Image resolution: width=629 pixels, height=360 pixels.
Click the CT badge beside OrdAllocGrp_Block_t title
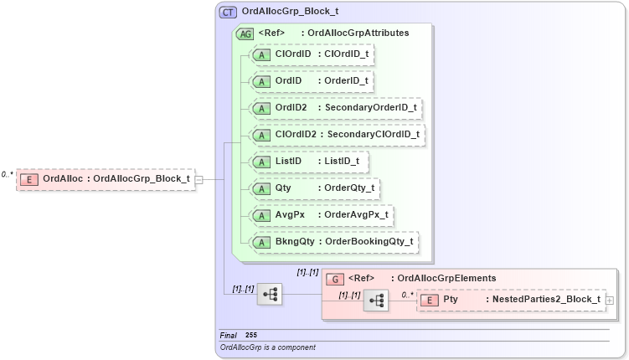point(228,13)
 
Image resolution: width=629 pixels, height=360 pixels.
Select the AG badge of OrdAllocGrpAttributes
point(245,33)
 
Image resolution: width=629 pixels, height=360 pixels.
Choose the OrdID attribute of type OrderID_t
point(311,81)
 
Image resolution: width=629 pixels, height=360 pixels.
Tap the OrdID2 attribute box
point(336,108)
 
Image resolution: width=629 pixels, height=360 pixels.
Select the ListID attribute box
point(309,161)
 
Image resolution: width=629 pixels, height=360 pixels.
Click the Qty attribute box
point(315,188)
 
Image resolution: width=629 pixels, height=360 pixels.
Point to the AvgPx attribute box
point(322,214)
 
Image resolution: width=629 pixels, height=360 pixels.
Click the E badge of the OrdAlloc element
point(29,178)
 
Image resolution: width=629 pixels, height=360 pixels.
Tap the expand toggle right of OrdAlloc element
point(199,178)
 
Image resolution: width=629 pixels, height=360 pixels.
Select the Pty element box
point(510,299)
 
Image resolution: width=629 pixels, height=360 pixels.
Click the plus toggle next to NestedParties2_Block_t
point(610,300)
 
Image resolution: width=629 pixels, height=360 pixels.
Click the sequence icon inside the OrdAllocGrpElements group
point(376,300)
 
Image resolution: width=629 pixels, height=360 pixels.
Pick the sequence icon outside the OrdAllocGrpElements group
point(270,294)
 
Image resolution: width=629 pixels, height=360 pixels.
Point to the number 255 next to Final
point(251,335)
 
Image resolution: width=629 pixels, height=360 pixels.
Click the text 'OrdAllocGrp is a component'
point(267,347)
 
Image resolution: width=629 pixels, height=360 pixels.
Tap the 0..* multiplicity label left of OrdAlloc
point(7,174)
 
